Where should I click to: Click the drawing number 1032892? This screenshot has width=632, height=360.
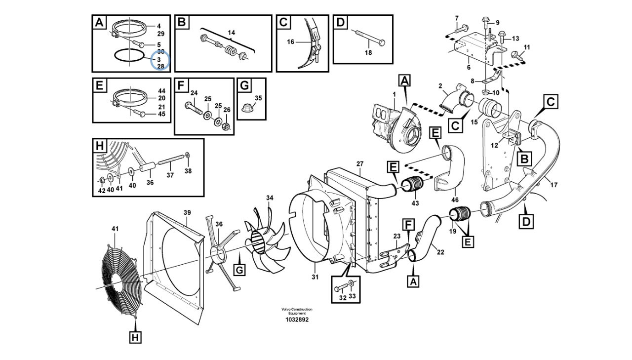pyautogui.click(x=297, y=320)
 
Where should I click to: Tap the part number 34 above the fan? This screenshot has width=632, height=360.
pyautogui.click(x=270, y=198)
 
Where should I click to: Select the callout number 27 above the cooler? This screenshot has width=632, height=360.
pyautogui.click(x=359, y=163)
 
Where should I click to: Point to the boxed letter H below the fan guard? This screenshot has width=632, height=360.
pyautogui.click(x=135, y=337)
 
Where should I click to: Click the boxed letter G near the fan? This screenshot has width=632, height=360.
pyautogui.click(x=239, y=270)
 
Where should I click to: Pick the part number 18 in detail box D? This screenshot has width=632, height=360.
pyautogui.click(x=368, y=52)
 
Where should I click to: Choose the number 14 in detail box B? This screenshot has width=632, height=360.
pyautogui.click(x=231, y=33)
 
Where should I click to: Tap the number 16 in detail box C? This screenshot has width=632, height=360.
pyautogui.click(x=290, y=42)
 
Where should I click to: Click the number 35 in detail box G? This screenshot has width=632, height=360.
pyautogui.click(x=258, y=98)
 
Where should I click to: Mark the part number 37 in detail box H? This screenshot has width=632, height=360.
pyautogui.click(x=170, y=175)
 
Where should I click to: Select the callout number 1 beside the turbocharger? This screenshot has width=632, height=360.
pyautogui.click(x=394, y=94)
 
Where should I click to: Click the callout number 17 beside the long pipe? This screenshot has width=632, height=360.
pyautogui.click(x=554, y=185)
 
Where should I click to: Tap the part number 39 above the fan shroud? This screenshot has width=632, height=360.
pyautogui.click(x=187, y=212)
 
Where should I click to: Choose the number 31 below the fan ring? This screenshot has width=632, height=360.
pyautogui.click(x=315, y=277)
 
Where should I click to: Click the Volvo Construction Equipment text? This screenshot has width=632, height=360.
pyautogui.click(x=297, y=311)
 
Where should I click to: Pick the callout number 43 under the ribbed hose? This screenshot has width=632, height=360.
pyautogui.click(x=415, y=203)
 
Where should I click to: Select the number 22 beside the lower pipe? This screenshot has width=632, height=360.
pyautogui.click(x=440, y=252)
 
